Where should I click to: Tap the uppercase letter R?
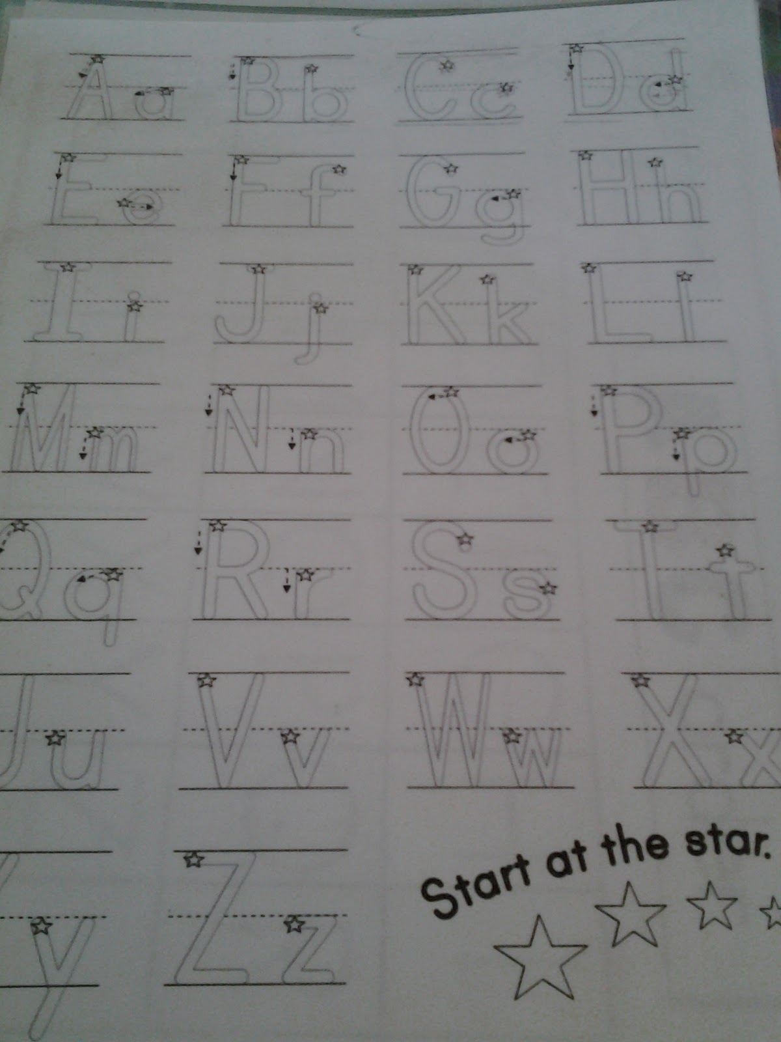point(236,569)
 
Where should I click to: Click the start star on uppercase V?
point(206,680)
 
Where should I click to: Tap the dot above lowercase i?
point(135,295)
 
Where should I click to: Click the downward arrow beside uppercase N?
point(208,404)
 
